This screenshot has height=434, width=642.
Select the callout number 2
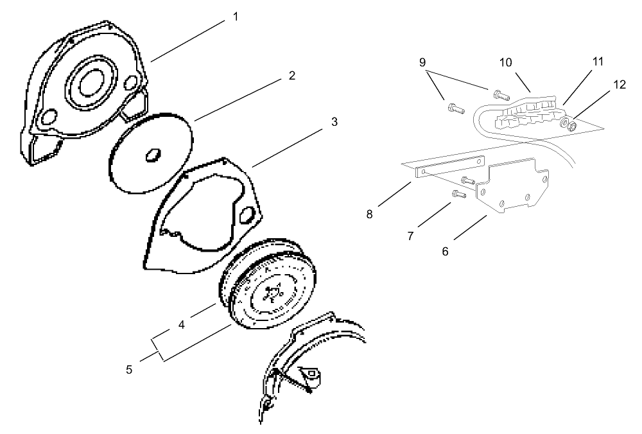pyautogui.click(x=291, y=76)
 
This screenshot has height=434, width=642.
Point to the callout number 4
pyautogui.click(x=182, y=325)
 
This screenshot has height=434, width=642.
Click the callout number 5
pyautogui.click(x=129, y=370)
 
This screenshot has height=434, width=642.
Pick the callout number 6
pyautogui.click(x=445, y=251)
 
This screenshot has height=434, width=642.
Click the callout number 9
pyautogui.click(x=422, y=62)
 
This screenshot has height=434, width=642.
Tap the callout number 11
pyautogui.click(x=598, y=62)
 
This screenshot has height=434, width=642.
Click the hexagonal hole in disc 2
pyautogui.click(x=153, y=154)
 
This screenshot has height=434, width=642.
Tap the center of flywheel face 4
pyautogui.click(x=271, y=294)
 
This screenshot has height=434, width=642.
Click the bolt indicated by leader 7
pyautogui.click(x=458, y=193)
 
